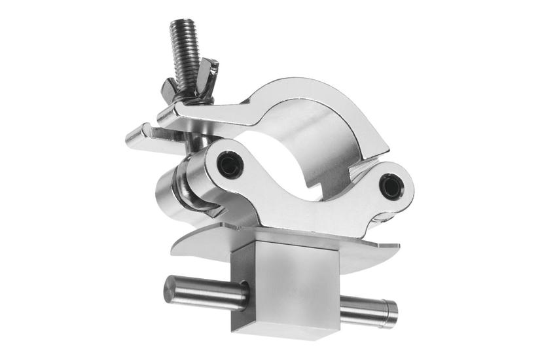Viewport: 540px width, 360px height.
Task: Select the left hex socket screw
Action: pyautogui.click(x=228, y=164)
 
